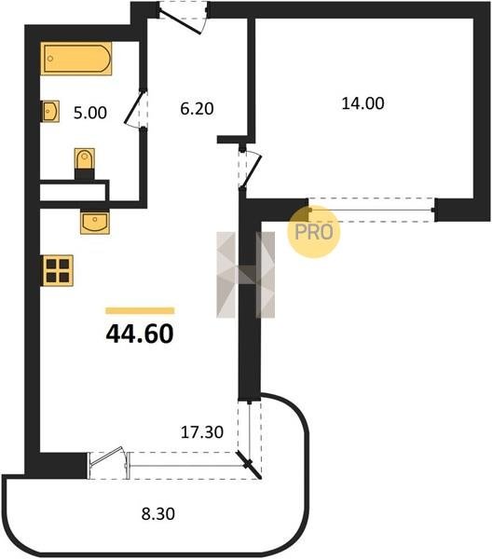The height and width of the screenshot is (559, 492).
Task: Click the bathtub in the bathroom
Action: pos(75,59)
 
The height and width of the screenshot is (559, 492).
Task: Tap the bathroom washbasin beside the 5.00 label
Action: pos(50,111)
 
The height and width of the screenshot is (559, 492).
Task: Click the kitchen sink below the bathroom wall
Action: pos(95,223)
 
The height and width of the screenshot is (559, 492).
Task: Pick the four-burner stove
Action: pos(58,270)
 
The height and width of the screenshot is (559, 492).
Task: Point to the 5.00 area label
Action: pos(89,113)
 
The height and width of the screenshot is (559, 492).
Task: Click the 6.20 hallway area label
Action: pos(197,109)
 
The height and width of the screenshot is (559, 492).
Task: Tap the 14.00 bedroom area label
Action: pos(362,103)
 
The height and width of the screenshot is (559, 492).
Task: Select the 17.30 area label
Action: pos(202,432)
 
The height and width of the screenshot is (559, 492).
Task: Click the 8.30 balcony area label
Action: pos(157,514)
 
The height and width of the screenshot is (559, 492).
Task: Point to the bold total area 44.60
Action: pos(140,334)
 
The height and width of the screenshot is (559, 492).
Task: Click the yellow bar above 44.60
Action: pos(140,310)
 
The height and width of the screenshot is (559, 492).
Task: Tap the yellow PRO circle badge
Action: pos(314,232)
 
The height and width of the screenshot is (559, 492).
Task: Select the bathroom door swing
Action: pos(135,109)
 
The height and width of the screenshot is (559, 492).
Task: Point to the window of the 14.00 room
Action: pos(372,210)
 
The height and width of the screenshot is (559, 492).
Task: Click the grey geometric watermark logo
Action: pos(246,275)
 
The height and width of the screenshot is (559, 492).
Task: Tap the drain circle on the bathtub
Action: pos(50,59)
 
